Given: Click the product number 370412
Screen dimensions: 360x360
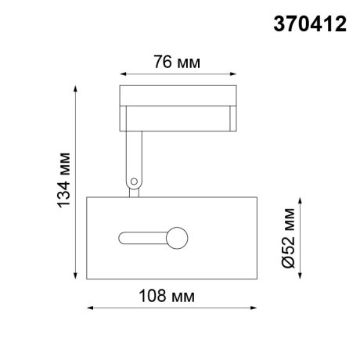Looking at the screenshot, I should pos(308,23).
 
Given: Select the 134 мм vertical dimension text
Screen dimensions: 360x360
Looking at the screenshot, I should pos(65,183).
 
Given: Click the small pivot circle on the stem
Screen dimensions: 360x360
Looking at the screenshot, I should pos(135,182).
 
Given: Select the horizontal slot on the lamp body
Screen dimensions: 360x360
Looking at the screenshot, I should pos(141,236).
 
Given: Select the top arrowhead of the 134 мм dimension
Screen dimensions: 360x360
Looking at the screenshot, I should pos(77,88).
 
